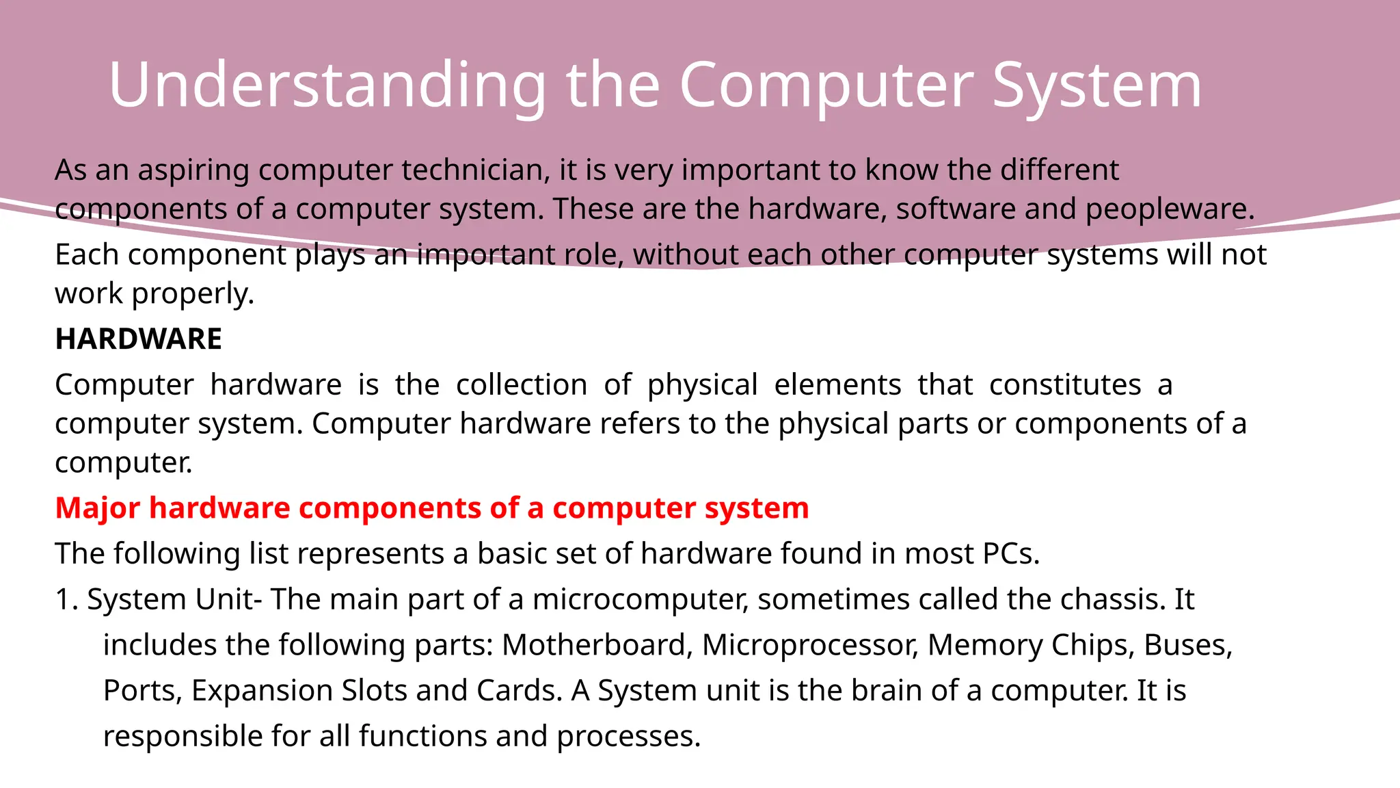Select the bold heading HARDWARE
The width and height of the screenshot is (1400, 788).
[x=138, y=339]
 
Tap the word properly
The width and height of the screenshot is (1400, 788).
[x=193, y=294]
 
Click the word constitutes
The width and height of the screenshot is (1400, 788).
[x=1064, y=384]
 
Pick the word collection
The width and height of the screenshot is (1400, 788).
[x=521, y=384]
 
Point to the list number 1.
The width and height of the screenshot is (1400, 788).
[x=66, y=599]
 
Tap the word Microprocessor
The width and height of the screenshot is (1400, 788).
[x=809, y=645]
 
